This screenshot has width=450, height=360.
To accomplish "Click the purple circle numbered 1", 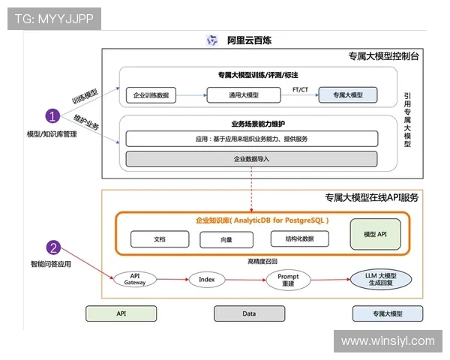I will (x=52, y=116).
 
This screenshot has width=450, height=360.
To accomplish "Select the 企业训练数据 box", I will (x=150, y=95).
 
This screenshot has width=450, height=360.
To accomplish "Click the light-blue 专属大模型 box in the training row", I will (x=346, y=95).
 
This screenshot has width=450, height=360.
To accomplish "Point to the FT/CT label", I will (x=301, y=89).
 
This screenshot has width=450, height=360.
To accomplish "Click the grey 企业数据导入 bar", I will (x=250, y=159).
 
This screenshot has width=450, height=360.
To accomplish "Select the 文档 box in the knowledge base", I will (x=159, y=238).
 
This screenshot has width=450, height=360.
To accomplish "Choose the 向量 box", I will (x=227, y=239).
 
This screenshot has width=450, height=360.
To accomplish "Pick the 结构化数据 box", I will (x=300, y=238).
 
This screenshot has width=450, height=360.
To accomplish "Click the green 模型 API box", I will (x=375, y=235).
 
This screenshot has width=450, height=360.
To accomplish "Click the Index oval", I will (x=207, y=279).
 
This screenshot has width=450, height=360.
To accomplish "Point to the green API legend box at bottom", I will (x=121, y=313).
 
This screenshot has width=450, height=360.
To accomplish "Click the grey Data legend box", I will (x=250, y=313).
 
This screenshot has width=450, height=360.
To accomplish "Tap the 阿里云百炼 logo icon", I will (x=212, y=40).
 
